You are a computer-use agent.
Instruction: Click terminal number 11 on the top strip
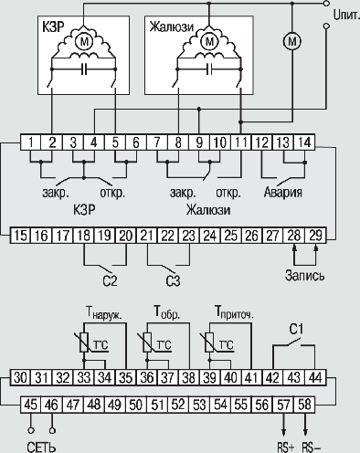(241, 142)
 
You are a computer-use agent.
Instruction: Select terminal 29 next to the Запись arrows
(315, 236)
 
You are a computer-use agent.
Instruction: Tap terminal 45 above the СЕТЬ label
(31, 406)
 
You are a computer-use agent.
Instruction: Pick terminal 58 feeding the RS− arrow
(305, 406)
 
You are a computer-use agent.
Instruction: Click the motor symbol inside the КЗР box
(83, 41)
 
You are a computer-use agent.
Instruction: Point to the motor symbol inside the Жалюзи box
(209, 41)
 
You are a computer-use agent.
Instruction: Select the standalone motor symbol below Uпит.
(292, 41)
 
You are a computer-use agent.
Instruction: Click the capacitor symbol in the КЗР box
(84, 69)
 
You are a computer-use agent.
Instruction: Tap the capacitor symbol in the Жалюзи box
(209, 69)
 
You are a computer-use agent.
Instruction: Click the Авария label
(283, 192)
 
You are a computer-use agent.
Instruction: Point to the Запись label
(304, 275)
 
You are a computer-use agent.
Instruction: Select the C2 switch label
(110, 280)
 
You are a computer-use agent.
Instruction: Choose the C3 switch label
(173, 280)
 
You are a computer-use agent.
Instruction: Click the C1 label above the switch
(296, 330)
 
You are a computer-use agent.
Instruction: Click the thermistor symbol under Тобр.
(147, 342)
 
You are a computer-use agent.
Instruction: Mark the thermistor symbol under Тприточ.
(209, 342)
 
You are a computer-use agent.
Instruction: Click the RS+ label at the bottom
(286, 448)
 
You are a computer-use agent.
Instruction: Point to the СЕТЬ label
(41, 448)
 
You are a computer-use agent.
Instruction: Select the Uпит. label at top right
(346, 16)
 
